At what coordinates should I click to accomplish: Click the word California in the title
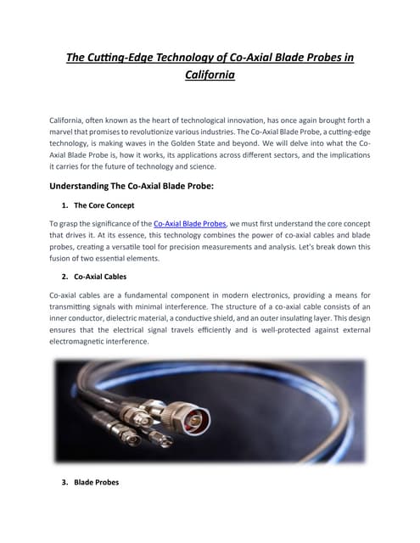(210, 75)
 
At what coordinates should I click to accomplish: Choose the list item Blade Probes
(97, 482)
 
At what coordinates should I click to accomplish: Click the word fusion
(66, 259)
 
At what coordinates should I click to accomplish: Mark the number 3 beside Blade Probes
(65, 482)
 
